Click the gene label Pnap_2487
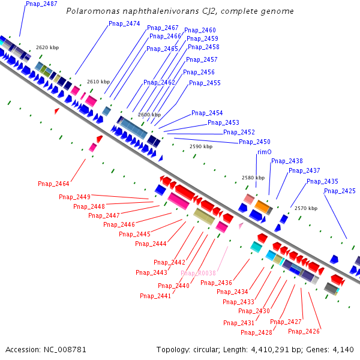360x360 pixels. [42, 4]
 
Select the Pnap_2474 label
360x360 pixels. [124, 24]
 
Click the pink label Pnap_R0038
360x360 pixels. [198, 274]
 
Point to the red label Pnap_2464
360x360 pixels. [53, 184]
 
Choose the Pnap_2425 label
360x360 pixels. [340, 191]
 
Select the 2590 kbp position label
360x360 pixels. [200, 146]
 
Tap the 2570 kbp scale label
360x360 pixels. [305, 208]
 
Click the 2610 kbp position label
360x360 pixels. [98, 82]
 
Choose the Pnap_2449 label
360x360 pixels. [74, 197]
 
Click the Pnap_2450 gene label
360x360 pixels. [254, 142]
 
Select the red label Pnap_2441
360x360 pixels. [155, 296]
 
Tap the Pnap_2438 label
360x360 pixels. [287, 161]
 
